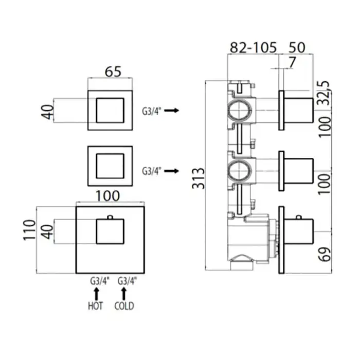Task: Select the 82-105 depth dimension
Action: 253,47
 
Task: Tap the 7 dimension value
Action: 292,62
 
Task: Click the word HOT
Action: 95,306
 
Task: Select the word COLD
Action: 124,306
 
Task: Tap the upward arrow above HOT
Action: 96,294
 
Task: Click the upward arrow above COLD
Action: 124,294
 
